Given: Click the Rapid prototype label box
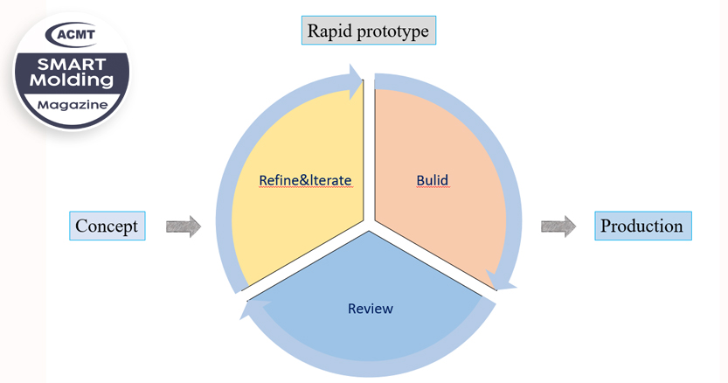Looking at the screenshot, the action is [x=369, y=31].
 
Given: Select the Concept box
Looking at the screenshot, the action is [x=107, y=226].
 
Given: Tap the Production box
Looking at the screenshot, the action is [x=643, y=226].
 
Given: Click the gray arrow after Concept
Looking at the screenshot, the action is [x=184, y=226].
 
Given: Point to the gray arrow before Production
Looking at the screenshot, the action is [x=558, y=226].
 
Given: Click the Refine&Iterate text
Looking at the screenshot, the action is [x=305, y=180].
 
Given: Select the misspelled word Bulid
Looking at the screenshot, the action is [x=433, y=180].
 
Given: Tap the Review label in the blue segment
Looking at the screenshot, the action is [x=371, y=309].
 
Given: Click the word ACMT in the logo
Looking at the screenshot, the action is [x=76, y=34].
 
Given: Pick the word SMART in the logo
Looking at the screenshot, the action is [x=72, y=64].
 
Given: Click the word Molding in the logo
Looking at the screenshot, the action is [x=72, y=80].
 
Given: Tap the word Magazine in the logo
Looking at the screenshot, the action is [x=73, y=105].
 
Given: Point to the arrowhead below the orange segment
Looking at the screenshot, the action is [x=502, y=281].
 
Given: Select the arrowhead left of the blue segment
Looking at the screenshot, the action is [x=255, y=309].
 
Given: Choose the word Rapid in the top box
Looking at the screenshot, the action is [x=330, y=31].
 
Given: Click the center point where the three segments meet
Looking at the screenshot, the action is [x=369, y=226].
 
